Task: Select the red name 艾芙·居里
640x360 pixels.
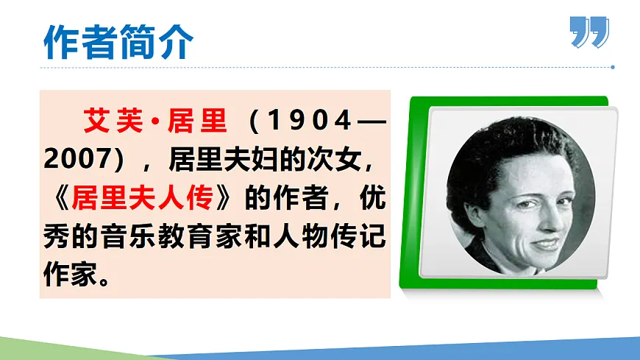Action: coord(155,120)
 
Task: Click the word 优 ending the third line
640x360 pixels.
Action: coord(375,198)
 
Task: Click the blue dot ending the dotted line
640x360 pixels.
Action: coord(613,67)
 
